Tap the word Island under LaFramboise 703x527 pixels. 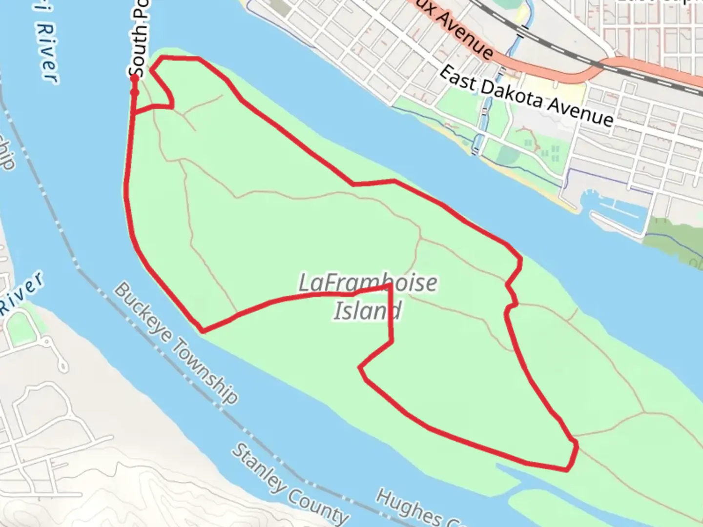[368, 310]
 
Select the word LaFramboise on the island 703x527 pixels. [368, 283]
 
